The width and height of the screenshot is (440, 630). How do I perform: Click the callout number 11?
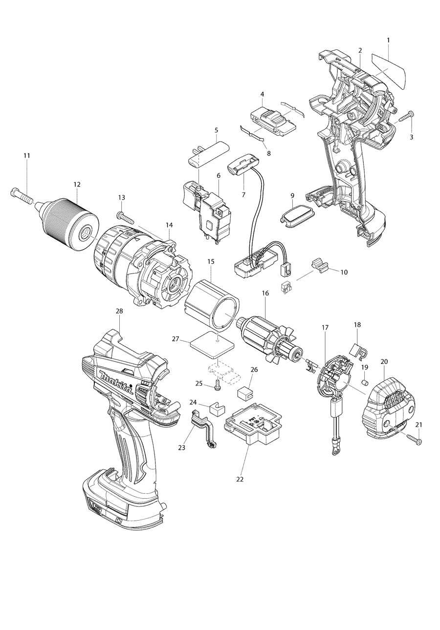(27, 155)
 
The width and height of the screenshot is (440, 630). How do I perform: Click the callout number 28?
(119, 311)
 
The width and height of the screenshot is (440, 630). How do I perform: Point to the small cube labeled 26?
(244, 393)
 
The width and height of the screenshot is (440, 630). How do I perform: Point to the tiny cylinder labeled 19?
(364, 381)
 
